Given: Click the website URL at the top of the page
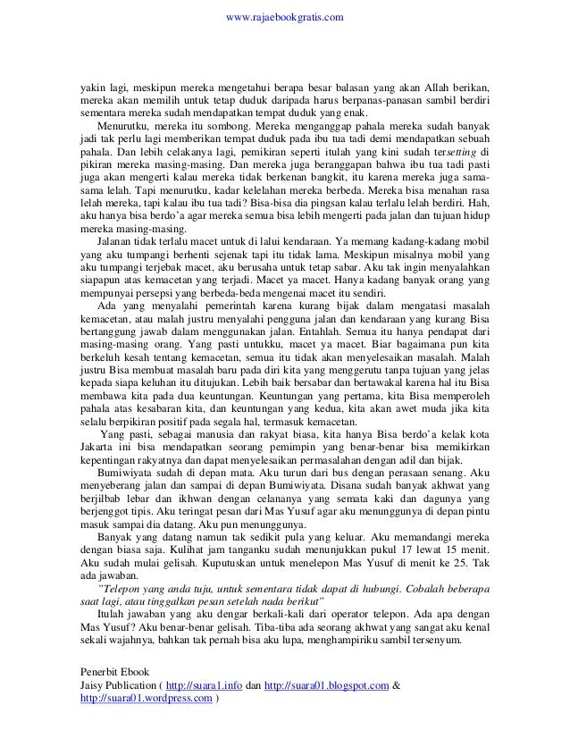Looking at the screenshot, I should tap(283, 17).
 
